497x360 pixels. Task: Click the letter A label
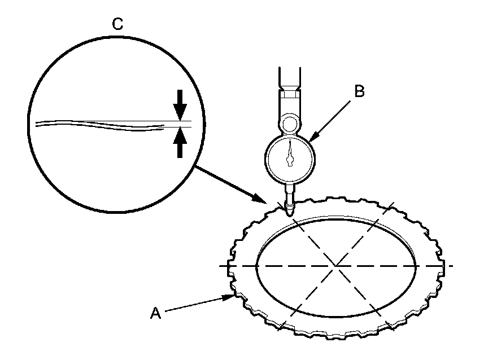tap(155, 313)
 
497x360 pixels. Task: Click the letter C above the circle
tap(119, 24)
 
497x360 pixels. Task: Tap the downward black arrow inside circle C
tap(180, 105)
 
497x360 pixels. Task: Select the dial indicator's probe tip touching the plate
tap(289, 212)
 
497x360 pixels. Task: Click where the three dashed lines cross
tap(336, 265)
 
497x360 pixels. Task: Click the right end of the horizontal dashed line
tap(452, 265)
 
